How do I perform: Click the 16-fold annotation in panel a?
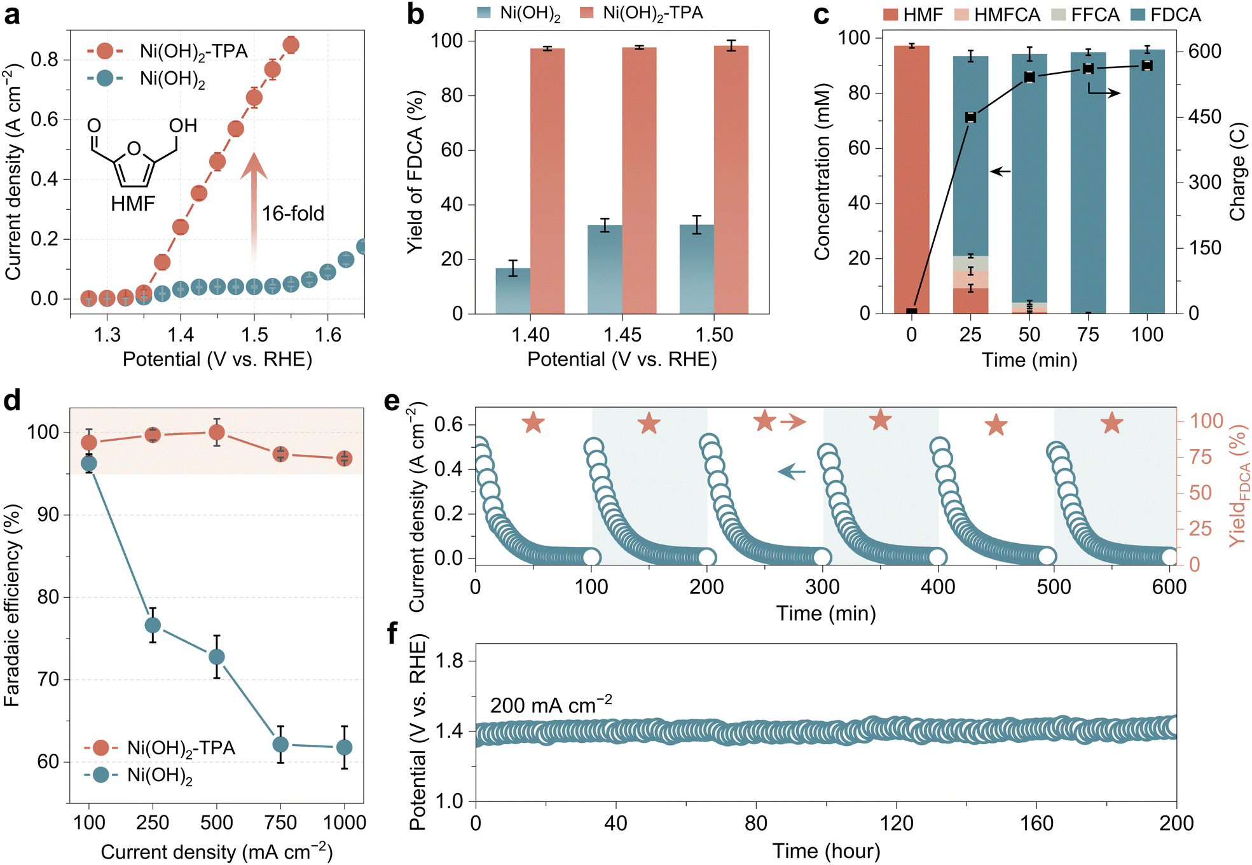(292, 213)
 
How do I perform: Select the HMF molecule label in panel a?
(133, 204)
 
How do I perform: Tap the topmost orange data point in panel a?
(291, 45)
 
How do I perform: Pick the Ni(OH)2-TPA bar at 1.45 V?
(639, 181)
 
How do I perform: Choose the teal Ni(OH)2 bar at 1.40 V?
(512, 291)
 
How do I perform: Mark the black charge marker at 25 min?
(970, 118)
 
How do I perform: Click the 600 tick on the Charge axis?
(1205, 51)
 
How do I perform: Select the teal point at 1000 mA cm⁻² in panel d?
(344, 747)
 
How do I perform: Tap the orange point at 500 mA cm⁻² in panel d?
(217, 432)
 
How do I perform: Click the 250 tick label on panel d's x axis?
(153, 822)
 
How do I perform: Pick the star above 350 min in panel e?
(881, 420)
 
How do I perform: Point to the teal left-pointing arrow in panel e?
(792, 471)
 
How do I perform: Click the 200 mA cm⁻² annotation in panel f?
(551, 705)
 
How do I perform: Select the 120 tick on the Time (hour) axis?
(896, 823)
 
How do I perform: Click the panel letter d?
(12, 400)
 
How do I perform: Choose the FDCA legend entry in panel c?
(1167, 15)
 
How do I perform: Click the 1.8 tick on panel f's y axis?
(449, 661)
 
